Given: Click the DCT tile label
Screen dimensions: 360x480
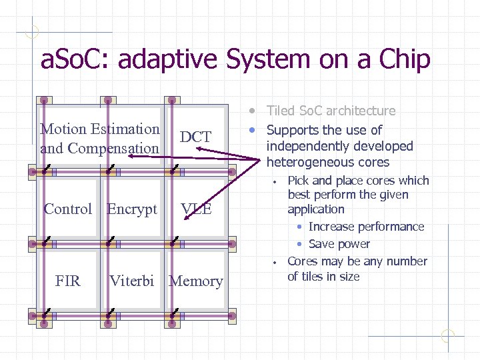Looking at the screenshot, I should pyautogui.click(x=195, y=137).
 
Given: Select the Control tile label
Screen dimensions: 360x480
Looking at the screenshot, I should pyautogui.click(x=67, y=209).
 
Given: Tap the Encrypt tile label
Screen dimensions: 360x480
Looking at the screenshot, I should pyautogui.click(x=132, y=209).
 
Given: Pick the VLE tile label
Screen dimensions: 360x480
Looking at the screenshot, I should pyautogui.click(x=196, y=209).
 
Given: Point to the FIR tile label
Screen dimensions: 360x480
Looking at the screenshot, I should pyautogui.click(x=67, y=281).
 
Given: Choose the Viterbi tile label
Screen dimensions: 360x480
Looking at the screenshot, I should pyautogui.click(x=132, y=281).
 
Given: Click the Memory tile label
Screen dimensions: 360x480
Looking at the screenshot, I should pyautogui.click(x=196, y=281).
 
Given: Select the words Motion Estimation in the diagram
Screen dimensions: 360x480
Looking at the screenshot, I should pyautogui.click(x=100, y=129).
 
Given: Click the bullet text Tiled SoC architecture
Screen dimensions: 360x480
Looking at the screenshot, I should pyautogui.click(x=331, y=111).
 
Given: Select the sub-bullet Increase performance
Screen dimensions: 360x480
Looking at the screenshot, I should pyautogui.click(x=366, y=227).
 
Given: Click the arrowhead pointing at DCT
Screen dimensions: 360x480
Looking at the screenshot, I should pyautogui.click(x=199, y=150).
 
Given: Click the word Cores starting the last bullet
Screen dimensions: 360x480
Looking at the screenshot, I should pyautogui.click(x=303, y=261).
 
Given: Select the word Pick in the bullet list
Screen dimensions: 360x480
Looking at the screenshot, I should pyautogui.click(x=298, y=181).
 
